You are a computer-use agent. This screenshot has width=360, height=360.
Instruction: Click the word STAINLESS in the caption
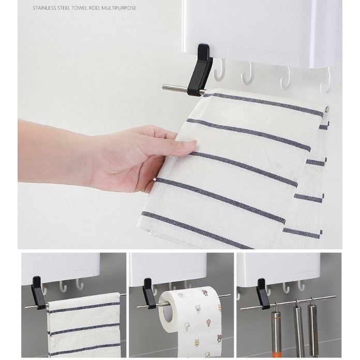[44, 8]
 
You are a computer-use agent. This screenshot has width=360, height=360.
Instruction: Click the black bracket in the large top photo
[200, 69]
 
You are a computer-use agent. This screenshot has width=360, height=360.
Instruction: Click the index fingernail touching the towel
[190, 145]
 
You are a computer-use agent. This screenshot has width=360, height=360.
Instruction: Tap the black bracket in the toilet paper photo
[149, 293]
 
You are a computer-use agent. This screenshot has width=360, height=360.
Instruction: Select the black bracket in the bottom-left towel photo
[39, 293]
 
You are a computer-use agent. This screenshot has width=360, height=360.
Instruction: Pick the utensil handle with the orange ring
[275, 331]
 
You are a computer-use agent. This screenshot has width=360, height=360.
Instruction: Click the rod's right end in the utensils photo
[335, 296]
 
